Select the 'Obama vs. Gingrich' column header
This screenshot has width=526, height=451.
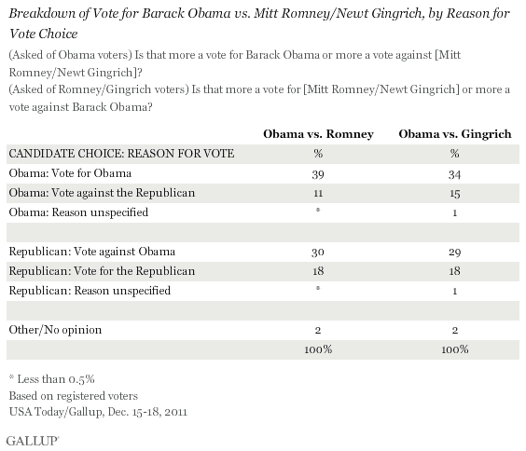(x=454, y=134)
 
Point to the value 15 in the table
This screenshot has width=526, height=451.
(x=454, y=193)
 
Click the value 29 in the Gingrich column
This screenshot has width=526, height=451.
(x=454, y=253)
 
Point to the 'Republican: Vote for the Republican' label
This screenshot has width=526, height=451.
(x=101, y=271)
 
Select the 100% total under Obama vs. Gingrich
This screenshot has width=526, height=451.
(x=454, y=349)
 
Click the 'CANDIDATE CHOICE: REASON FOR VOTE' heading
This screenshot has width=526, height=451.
(x=120, y=154)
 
